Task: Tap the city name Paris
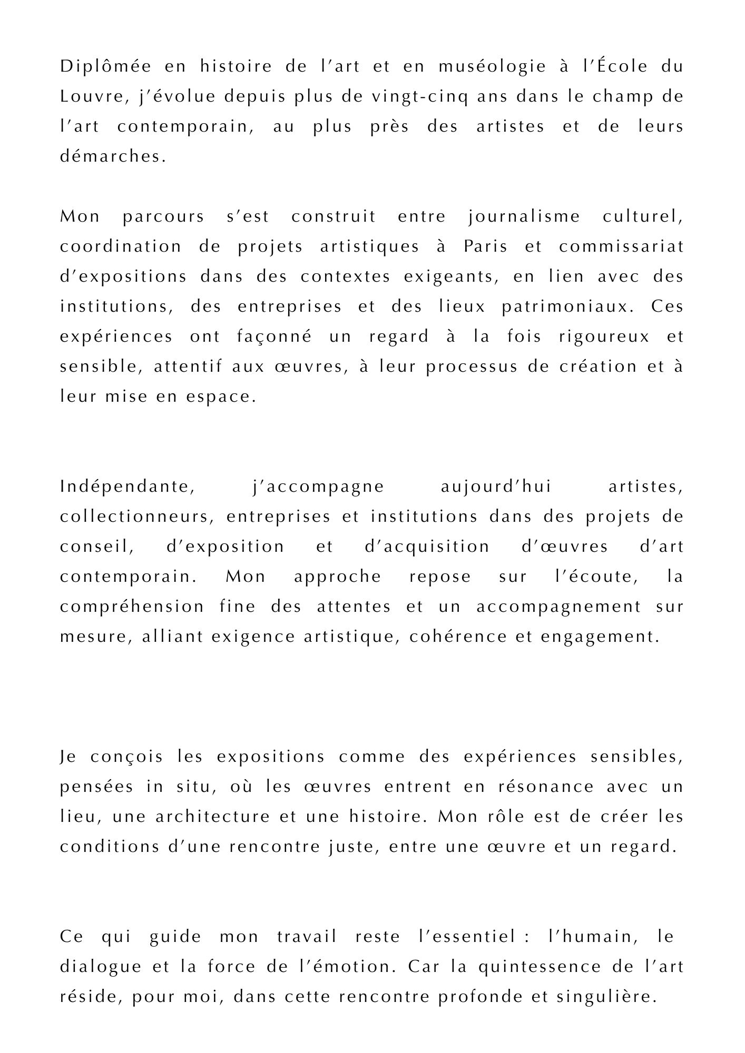coord(485,247)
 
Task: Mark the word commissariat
coord(621,247)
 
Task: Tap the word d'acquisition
coord(427,547)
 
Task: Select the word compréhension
coord(132,607)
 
